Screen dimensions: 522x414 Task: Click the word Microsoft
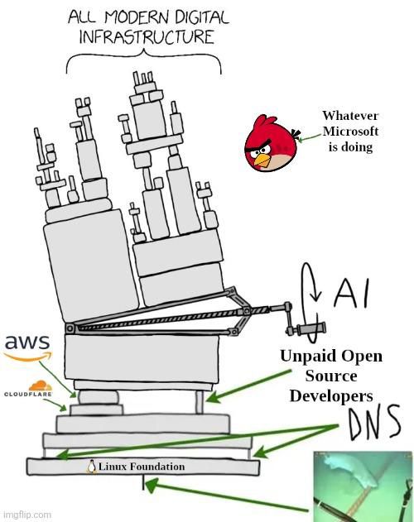[x=350, y=132]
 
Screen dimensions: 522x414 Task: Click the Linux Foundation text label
[x=142, y=467]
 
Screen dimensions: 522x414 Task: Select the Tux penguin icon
[x=92, y=467]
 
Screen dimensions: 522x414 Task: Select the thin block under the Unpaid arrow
[x=200, y=402]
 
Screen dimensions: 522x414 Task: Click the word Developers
[x=331, y=396]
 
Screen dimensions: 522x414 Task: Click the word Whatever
[x=350, y=116]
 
